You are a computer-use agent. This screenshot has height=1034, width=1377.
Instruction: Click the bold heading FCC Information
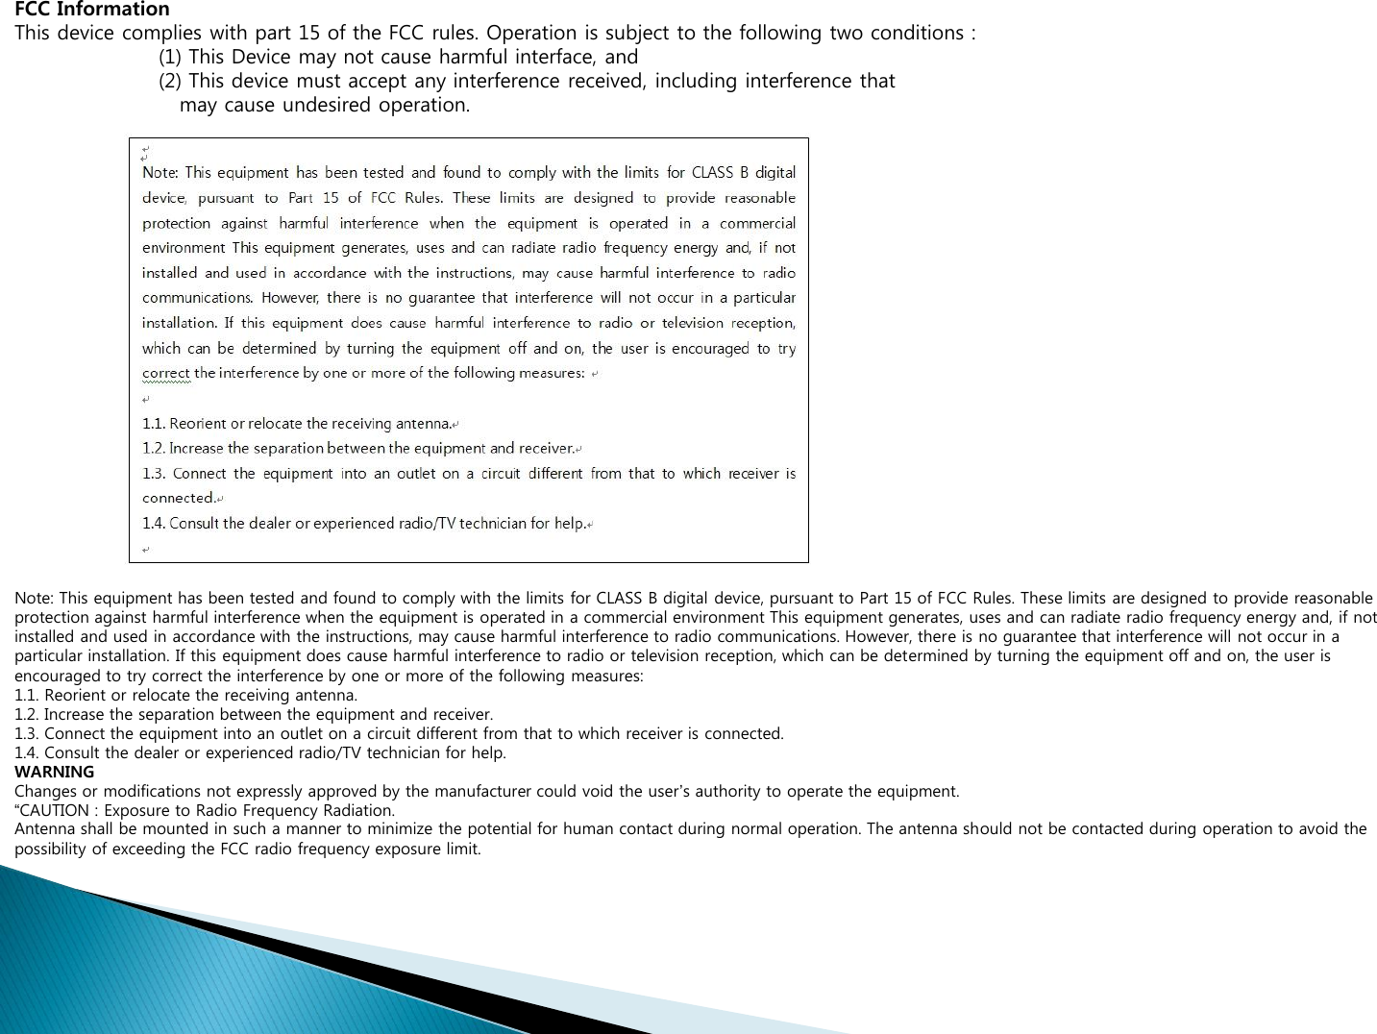click(91, 10)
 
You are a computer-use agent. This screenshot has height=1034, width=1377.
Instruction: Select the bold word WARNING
click(54, 772)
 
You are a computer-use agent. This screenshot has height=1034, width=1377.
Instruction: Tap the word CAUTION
click(56, 810)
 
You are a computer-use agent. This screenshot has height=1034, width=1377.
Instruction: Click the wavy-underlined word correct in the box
click(165, 373)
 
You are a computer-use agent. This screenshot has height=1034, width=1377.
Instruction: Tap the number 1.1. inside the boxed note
click(154, 424)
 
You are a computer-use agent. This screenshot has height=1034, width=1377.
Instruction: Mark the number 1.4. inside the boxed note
click(154, 524)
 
